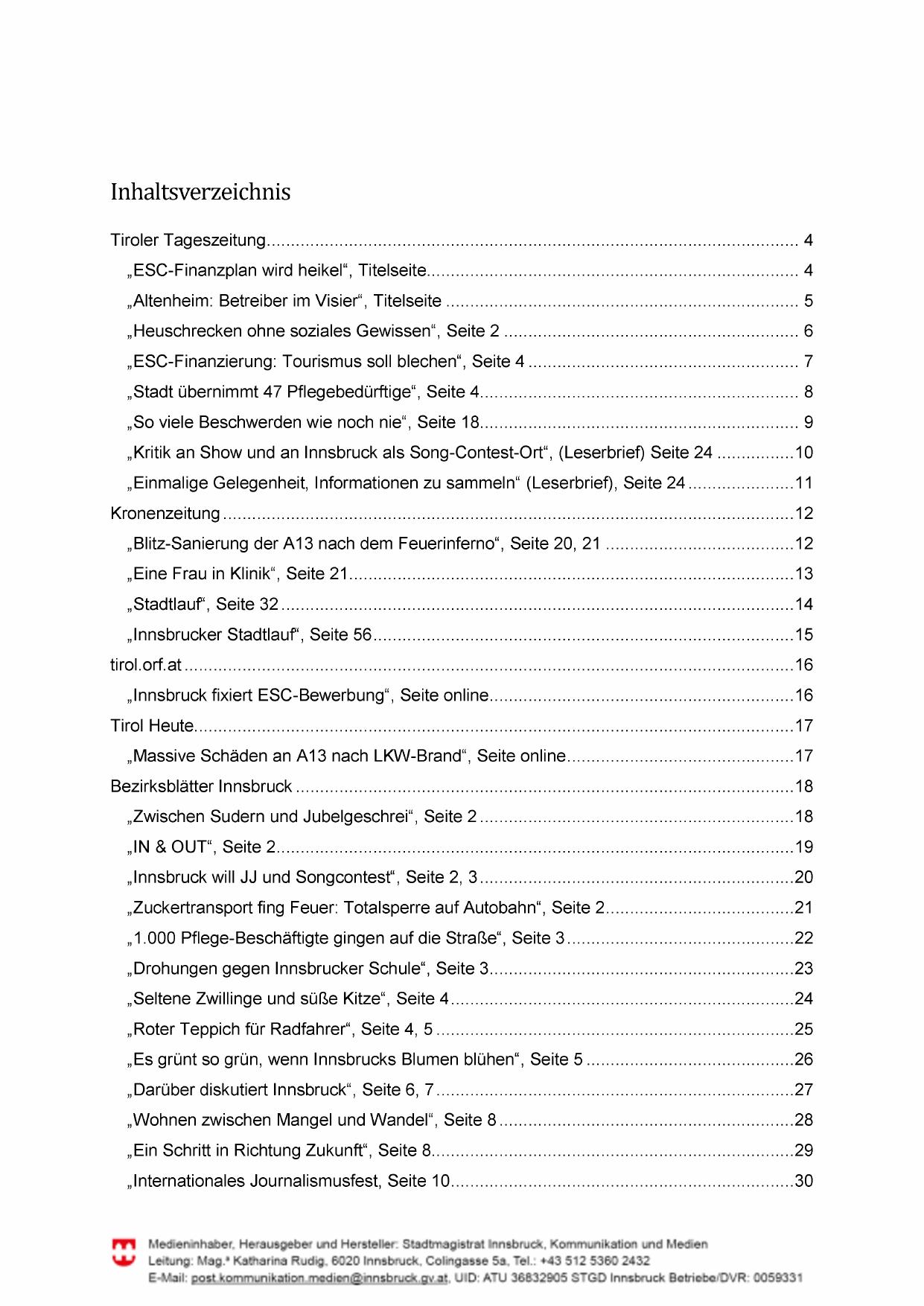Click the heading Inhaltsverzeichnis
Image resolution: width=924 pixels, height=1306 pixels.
[200, 192]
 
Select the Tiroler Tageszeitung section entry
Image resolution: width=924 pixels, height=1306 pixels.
[188, 241]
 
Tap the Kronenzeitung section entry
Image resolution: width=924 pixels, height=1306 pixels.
[165, 514]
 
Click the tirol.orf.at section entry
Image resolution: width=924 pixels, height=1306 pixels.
[146, 665]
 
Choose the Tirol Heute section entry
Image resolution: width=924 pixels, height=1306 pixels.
[152, 726]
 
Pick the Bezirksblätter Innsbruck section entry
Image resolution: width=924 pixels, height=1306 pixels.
[201, 786]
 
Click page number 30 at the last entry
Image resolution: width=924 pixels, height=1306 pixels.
[803, 1181]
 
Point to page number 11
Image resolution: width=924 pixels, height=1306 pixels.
[803, 483]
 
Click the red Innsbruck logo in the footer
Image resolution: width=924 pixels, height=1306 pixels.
[124, 1252]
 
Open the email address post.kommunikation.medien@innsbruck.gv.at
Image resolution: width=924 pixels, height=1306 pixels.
[319, 1278]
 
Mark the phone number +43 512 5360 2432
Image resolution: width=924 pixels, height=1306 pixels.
[595, 1261]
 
